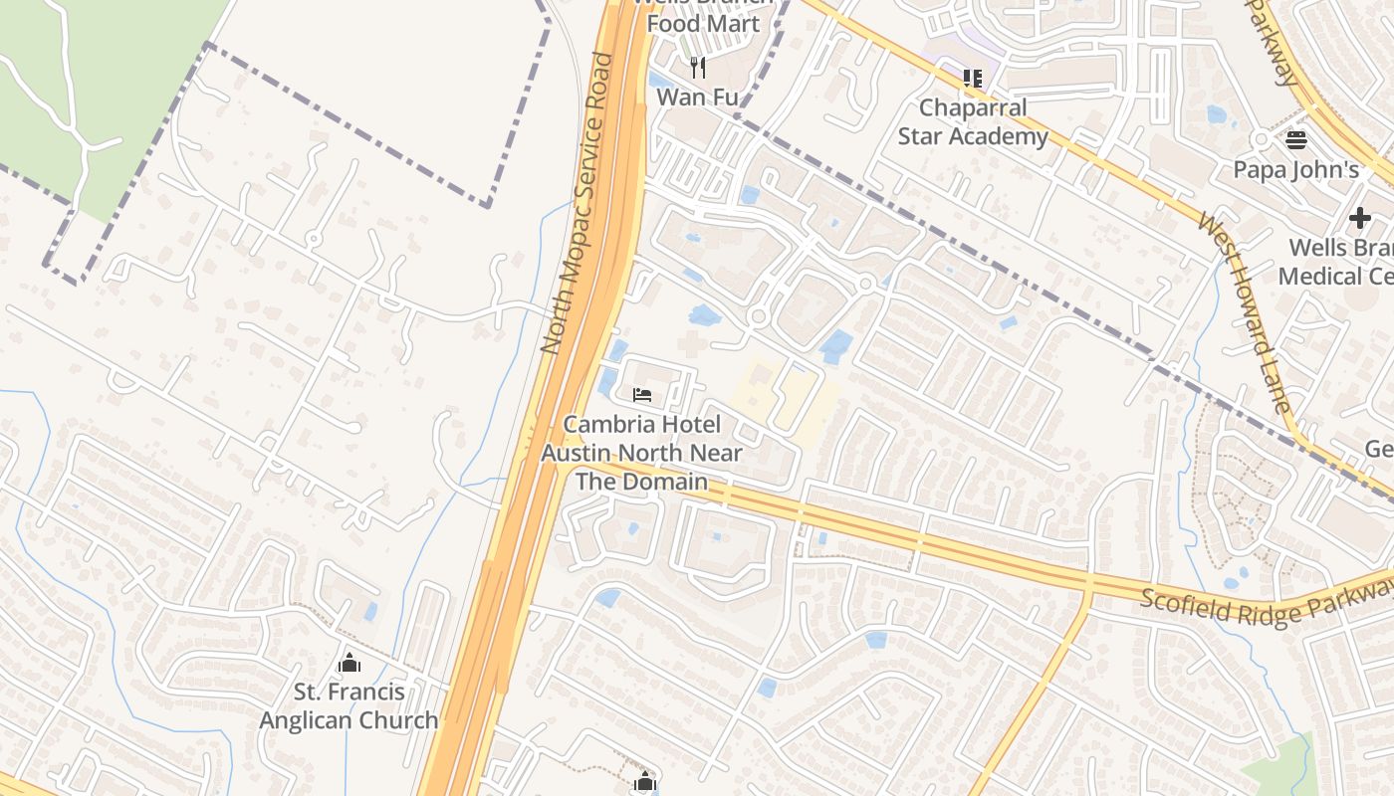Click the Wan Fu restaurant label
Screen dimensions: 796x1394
(697, 97)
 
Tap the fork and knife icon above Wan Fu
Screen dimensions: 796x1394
(698, 68)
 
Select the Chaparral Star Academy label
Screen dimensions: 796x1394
(972, 122)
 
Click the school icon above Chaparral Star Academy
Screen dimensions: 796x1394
(972, 78)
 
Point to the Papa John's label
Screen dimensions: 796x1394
(1295, 170)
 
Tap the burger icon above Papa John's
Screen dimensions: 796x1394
(1295, 139)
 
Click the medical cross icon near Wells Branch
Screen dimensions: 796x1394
(1360, 218)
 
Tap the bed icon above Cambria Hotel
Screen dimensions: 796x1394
(642, 395)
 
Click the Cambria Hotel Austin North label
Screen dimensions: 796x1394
(642, 439)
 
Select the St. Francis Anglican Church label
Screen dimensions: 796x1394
(348, 705)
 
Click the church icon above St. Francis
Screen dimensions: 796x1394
(348, 663)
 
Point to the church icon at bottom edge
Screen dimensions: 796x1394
(645, 782)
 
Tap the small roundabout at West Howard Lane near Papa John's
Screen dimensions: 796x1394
(1262, 140)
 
